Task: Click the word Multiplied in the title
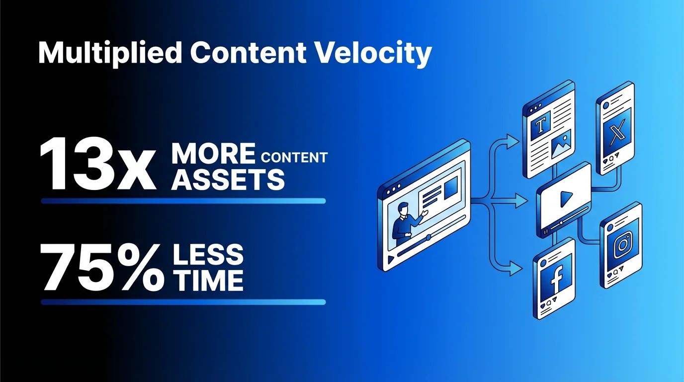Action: coord(109,54)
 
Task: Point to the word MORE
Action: coord(213,154)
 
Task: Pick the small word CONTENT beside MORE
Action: coord(294,158)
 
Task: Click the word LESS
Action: coord(208,255)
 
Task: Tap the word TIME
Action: coord(208,280)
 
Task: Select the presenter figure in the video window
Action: coord(404,221)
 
